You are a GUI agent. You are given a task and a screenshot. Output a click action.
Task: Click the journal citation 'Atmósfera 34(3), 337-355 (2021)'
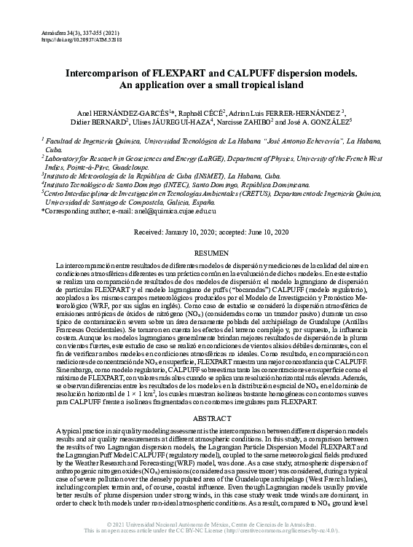(x=76, y=33)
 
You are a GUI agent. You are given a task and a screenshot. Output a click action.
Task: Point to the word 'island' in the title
(x=302, y=85)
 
